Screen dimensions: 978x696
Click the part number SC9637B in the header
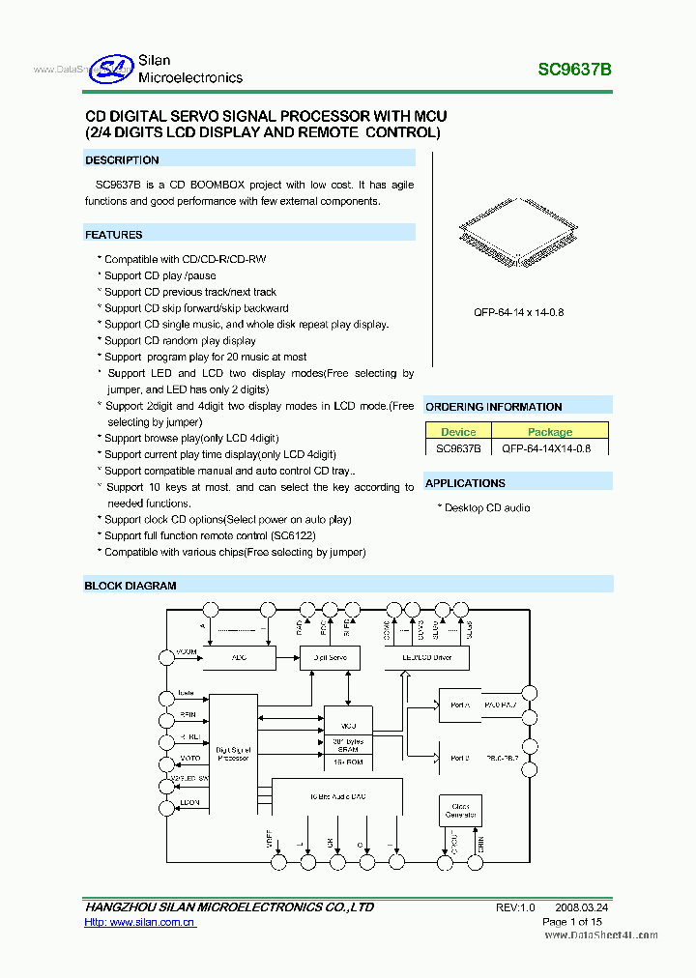tap(574, 71)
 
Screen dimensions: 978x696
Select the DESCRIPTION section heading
tap(122, 160)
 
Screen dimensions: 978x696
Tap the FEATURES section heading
tap(114, 235)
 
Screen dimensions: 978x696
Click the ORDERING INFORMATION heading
tap(493, 407)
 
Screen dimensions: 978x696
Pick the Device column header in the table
tap(458, 432)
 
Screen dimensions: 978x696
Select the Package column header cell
tap(550, 432)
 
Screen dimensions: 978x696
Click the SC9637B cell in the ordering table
tap(458, 448)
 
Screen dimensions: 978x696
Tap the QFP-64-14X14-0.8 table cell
tap(550, 448)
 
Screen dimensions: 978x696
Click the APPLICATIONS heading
tap(465, 483)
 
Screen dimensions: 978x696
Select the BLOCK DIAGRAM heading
tap(130, 586)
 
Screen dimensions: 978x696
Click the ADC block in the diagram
tap(240, 658)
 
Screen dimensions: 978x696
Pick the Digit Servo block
tap(330, 658)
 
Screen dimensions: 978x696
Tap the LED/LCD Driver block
tap(426, 658)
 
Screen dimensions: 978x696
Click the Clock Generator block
tap(460, 810)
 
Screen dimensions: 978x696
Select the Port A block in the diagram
tap(460, 705)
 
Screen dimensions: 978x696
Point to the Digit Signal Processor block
tap(233, 754)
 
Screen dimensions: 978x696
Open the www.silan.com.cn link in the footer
tap(139, 923)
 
